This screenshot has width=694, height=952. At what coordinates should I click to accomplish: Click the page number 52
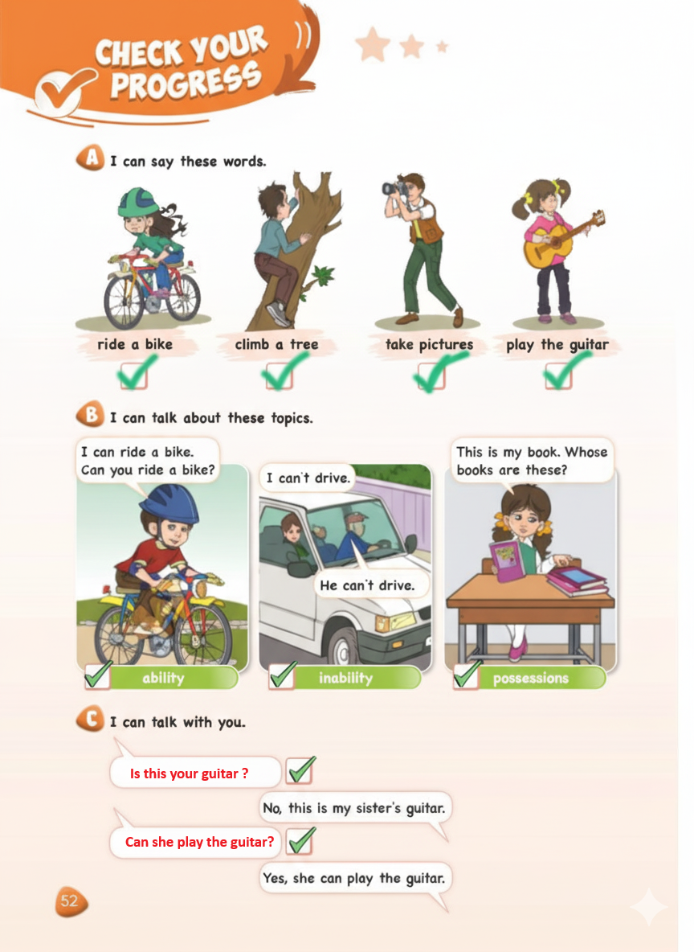point(70,901)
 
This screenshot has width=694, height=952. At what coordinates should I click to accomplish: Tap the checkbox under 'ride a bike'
point(133,375)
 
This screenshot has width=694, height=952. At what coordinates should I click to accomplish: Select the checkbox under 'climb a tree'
point(279,375)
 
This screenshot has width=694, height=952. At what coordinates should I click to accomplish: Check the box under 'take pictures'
point(431,375)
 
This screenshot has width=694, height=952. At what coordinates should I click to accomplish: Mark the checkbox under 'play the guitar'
point(558,375)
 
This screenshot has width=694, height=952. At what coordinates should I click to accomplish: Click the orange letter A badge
point(91,158)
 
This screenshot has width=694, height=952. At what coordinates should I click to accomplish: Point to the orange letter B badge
point(91,415)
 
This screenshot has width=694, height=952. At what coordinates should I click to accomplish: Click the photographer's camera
point(394,188)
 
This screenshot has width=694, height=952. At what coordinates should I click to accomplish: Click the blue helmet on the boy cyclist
point(169,503)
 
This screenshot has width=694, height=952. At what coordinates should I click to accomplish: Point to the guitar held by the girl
point(561,240)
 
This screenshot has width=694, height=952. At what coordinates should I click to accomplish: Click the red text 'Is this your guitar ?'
point(190,773)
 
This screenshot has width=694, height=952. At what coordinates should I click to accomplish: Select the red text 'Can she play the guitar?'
point(199,842)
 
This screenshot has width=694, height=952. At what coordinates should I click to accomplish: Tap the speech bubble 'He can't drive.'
point(368,585)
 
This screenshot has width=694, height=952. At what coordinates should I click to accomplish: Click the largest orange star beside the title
point(373,44)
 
